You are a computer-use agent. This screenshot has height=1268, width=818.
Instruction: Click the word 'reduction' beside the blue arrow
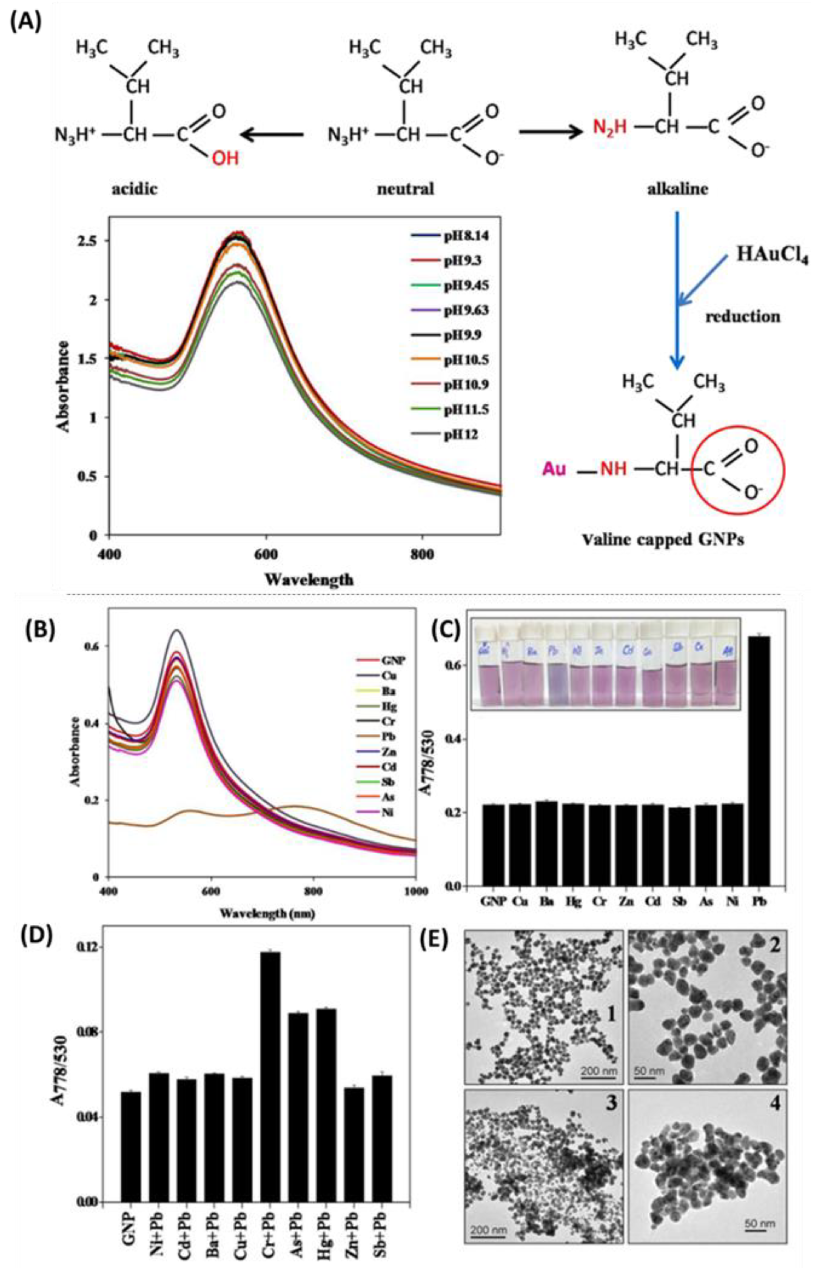(743, 317)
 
